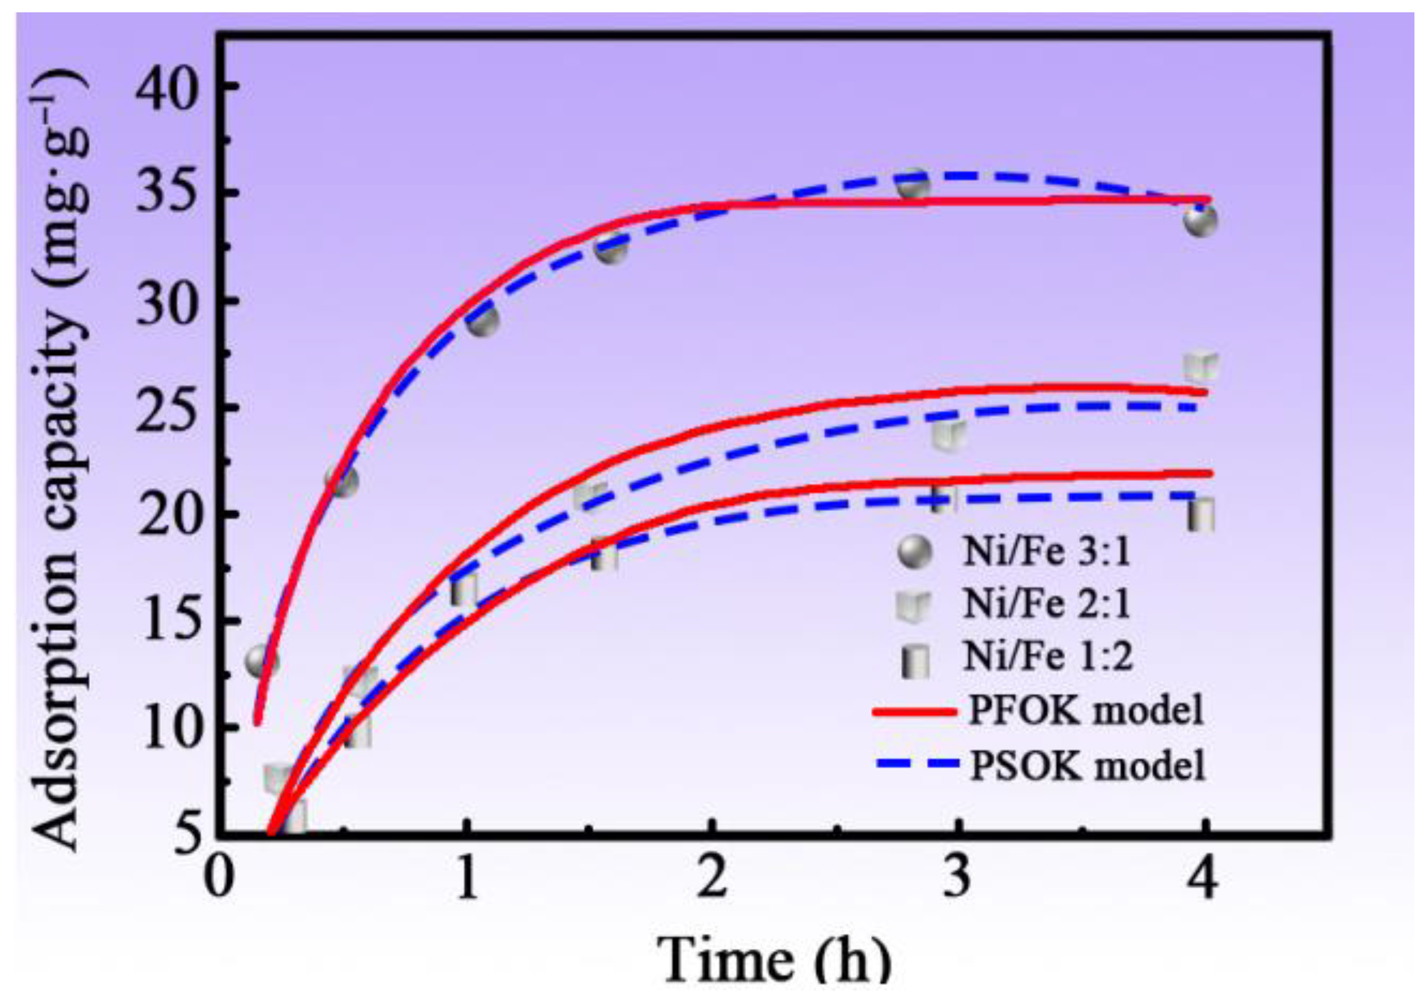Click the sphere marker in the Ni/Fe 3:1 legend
tap(915, 551)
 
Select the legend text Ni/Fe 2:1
tap(1047, 603)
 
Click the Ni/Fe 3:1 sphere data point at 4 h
tap(1200, 221)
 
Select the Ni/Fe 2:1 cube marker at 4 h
tap(1200, 367)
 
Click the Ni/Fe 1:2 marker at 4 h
tap(1200, 515)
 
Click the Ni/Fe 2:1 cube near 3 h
tap(949, 434)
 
